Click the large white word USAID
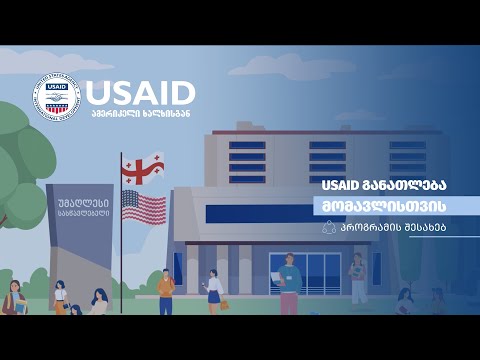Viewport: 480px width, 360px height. tap(140, 92)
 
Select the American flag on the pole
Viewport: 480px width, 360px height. tap(144, 207)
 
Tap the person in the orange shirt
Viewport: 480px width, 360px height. tap(166, 291)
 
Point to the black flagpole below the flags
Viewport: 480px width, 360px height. tap(121, 270)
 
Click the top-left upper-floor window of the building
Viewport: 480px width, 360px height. tap(247, 145)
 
